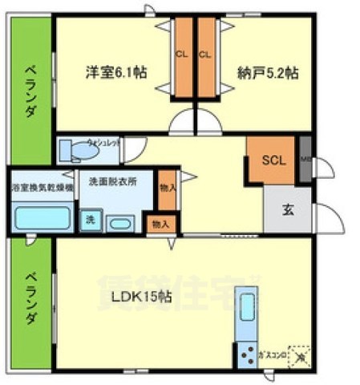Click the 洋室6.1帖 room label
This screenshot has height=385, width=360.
point(116,72)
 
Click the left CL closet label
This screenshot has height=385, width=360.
point(181,55)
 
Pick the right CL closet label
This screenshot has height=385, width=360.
point(204,55)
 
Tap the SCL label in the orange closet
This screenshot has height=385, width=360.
point(273,158)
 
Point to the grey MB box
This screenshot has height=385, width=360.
point(305,158)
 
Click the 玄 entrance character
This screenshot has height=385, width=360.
point(286,210)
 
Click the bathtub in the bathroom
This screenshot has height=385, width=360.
point(42,217)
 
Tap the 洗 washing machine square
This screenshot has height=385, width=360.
point(91,220)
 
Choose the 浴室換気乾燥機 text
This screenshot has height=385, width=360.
point(42,187)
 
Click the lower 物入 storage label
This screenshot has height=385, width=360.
point(160,223)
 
